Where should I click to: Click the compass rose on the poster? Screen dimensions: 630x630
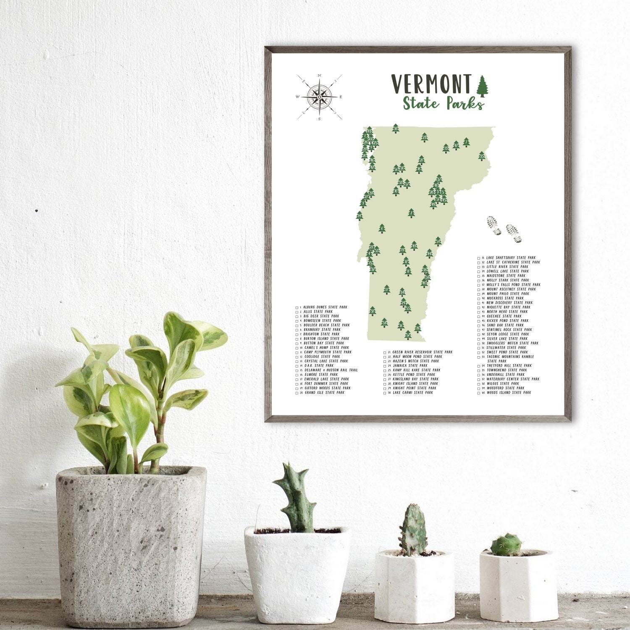319,97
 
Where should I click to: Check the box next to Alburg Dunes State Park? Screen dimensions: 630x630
297,307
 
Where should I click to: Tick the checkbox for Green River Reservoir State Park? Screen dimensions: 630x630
384,352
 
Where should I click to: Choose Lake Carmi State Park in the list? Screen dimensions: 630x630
412,393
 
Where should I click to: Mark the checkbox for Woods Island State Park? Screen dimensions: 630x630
479,393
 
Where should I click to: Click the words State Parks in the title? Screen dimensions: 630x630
443,103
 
